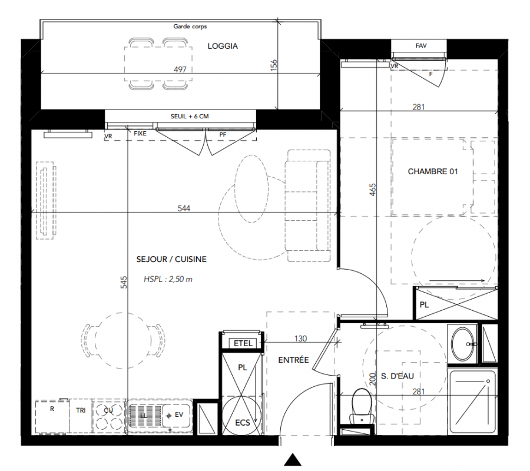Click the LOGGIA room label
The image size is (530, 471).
[223, 47]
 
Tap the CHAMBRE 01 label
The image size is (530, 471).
[433, 172]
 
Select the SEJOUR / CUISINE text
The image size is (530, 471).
[171, 259]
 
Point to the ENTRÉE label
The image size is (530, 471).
[293, 360]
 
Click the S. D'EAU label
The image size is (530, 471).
[397, 376]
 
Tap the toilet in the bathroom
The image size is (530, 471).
[362, 406]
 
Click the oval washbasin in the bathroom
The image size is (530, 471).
[462, 344]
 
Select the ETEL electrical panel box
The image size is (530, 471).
[243, 343]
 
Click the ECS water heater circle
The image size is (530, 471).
[242, 415]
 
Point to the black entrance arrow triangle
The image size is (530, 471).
[293, 460]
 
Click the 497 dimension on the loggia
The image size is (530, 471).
[180, 69]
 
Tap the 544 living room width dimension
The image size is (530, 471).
[184, 208]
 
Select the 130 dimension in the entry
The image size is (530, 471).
[300, 338]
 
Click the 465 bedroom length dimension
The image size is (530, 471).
[372, 190]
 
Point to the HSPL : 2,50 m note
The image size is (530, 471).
[168, 279]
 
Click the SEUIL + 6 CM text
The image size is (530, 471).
[190, 116]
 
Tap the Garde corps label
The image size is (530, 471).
[190, 26]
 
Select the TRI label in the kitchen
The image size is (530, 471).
[81, 410]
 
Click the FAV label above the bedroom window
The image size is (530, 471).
[421, 45]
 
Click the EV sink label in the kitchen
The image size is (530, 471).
[179, 414]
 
